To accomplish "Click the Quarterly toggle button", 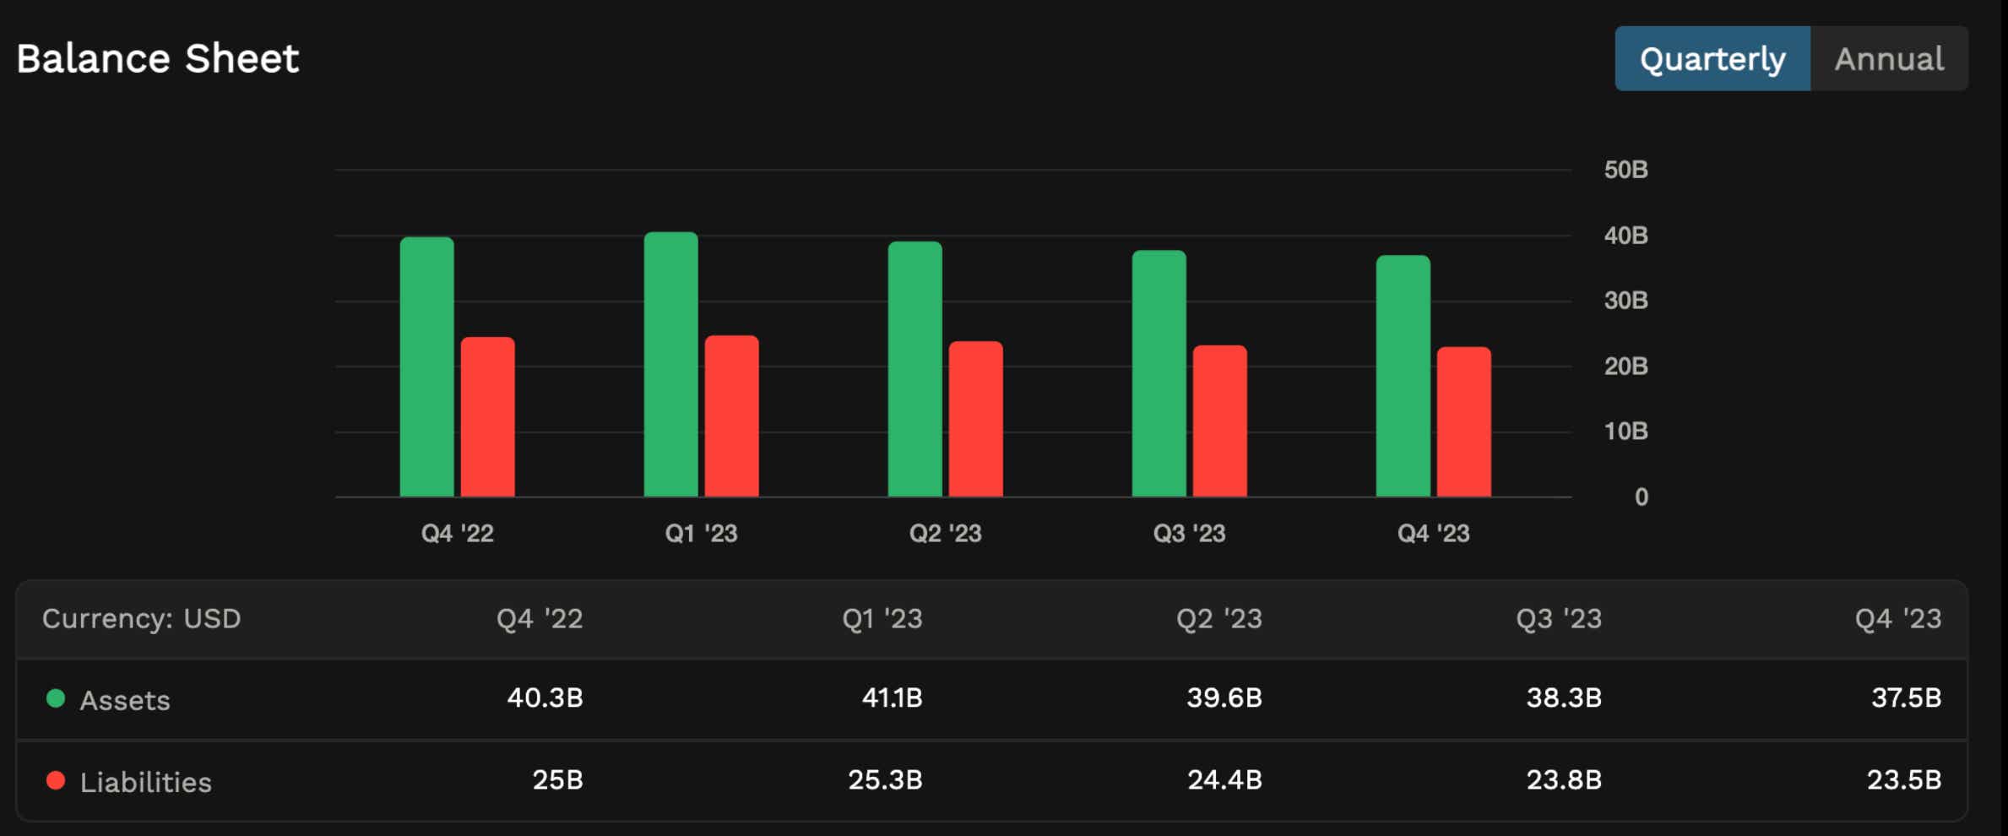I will [1712, 59].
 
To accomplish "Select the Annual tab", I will [1889, 59].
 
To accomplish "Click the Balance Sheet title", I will [158, 59].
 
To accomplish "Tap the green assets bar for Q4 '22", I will [426, 367].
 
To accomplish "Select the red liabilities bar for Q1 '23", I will [731, 416].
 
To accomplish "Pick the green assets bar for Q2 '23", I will [914, 369].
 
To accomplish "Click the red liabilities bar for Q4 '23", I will [1463, 421].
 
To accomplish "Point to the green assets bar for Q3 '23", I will [1159, 373].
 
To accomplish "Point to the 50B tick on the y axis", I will [1625, 170].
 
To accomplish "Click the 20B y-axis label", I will [1625, 366].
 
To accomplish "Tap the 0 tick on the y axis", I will [1641, 497].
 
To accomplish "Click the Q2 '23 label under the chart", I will [945, 534].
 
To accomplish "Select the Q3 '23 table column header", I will [1559, 619].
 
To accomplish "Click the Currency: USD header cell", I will [142, 619].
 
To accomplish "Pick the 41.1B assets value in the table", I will [892, 698].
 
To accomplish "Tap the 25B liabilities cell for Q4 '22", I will [557, 780].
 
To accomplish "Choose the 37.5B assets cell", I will [1906, 698].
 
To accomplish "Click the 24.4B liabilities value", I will [1224, 780].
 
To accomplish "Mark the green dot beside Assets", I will [56, 698].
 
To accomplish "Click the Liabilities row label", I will [145, 783].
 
